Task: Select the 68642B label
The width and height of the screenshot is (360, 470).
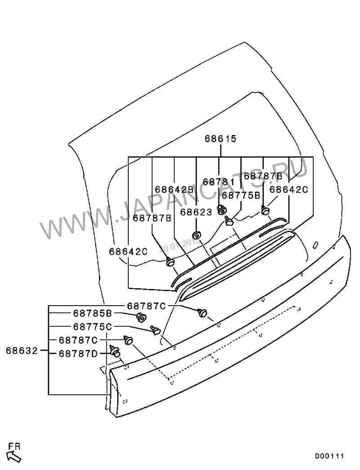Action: click(x=174, y=189)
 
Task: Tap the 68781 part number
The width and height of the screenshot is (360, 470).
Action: click(x=219, y=181)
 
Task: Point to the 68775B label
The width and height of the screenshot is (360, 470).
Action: click(x=241, y=195)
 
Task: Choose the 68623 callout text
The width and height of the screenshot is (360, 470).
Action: click(x=196, y=212)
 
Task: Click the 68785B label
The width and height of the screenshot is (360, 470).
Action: click(x=92, y=313)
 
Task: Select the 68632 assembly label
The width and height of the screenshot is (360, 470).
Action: click(x=22, y=350)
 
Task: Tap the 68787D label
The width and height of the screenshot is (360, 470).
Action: click(x=78, y=354)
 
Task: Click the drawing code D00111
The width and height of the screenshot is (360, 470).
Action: click(x=329, y=456)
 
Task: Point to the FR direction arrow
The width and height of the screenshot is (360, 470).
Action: click(x=15, y=457)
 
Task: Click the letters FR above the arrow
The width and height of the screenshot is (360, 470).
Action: click(x=15, y=447)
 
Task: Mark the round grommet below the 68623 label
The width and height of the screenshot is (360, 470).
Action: click(x=196, y=235)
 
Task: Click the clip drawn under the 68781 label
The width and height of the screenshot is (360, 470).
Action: click(x=222, y=209)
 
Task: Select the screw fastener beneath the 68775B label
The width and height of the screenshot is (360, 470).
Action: click(x=229, y=220)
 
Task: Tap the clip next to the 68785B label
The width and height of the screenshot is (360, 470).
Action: click(x=141, y=317)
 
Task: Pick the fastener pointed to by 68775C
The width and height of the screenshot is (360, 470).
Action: click(x=155, y=330)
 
